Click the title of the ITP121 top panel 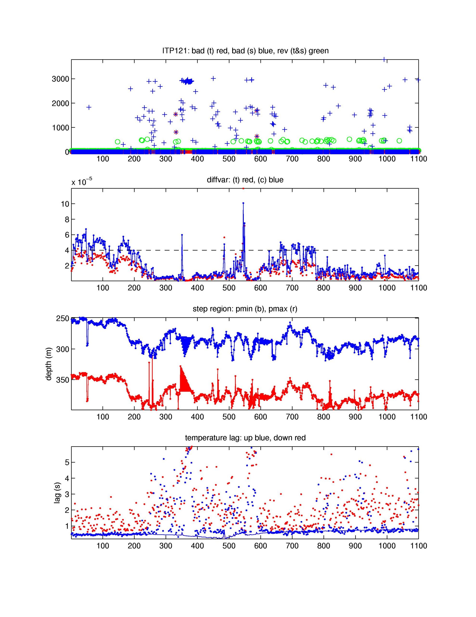(x=245, y=51)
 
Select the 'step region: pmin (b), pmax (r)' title (x=245, y=309)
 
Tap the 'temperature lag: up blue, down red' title (x=245, y=438)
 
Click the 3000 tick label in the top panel (x=60, y=79)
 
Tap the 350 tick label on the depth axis (x=62, y=380)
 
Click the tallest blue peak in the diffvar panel (x=243, y=203)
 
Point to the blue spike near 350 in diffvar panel (x=182, y=235)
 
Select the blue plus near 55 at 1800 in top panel (x=89, y=107)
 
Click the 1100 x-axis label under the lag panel (x=418, y=546)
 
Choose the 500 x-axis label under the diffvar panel (x=229, y=288)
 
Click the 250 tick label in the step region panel (x=62, y=318)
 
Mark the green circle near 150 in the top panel (x=118, y=142)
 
